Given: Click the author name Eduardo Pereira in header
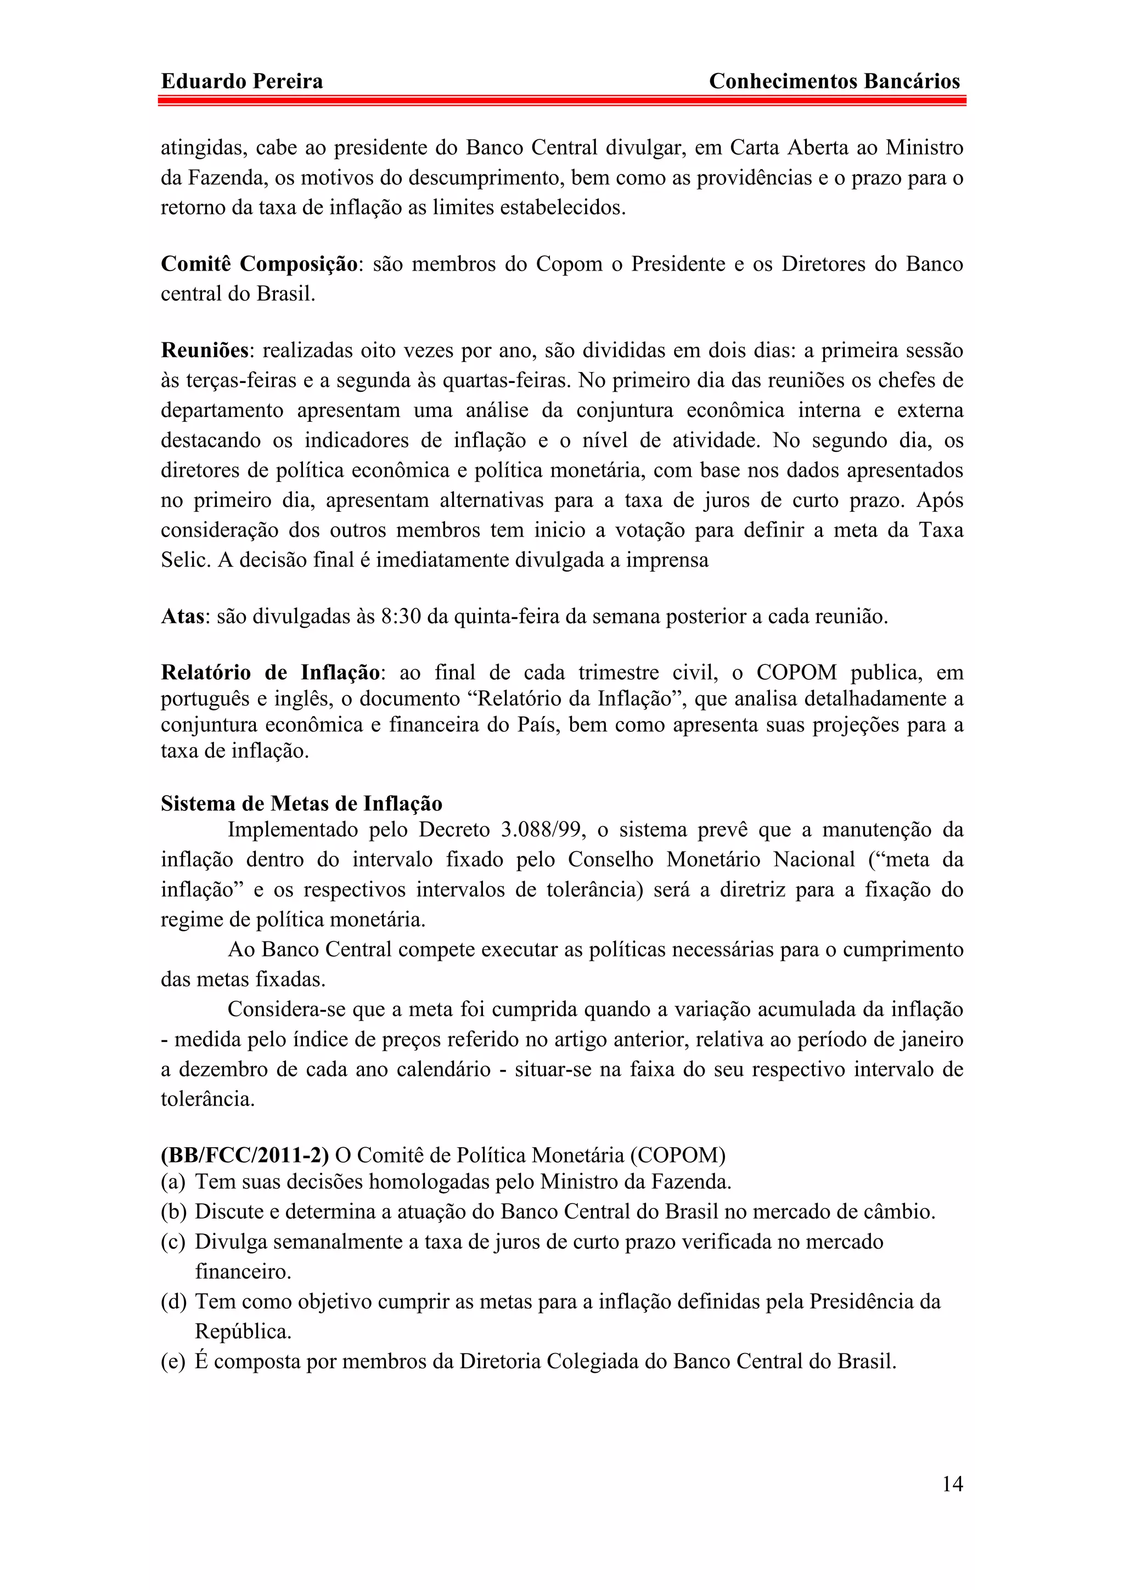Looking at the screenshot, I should (x=241, y=82).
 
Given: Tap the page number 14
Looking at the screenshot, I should (x=952, y=1484).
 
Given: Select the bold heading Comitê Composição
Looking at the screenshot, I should (x=260, y=264).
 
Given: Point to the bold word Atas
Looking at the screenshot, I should (x=183, y=616).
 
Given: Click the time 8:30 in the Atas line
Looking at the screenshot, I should (x=400, y=616).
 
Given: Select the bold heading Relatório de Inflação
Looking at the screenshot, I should (x=270, y=673).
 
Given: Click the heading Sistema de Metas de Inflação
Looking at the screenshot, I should (x=301, y=803).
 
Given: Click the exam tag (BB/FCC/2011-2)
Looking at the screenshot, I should (x=244, y=1155).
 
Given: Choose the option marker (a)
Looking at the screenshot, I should (x=173, y=1181).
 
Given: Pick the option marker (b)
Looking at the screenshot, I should (x=173, y=1212).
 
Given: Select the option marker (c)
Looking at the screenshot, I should (x=173, y=1242).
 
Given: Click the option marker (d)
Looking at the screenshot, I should (x=173, y=1302).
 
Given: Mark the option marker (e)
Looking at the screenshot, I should (x=173, y=1361).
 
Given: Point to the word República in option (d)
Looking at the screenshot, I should (x=243, y=1332).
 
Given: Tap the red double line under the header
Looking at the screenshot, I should (x=561, y=100).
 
